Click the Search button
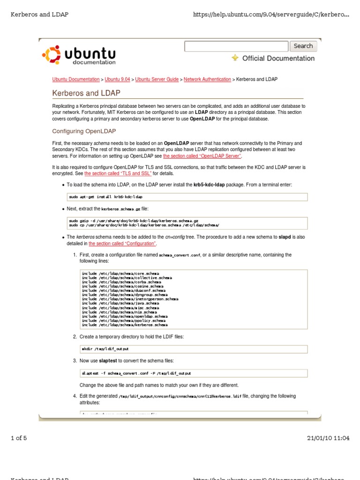point(303,46)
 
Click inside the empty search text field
point(236,46)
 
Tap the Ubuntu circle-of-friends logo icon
point(51,55)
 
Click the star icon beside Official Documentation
point(235,58)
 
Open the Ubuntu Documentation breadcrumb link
point(76,79)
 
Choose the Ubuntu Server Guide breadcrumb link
point(157,79)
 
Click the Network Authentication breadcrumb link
point(207,79)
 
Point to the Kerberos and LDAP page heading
point(86,93)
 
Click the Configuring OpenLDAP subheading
point(84,131)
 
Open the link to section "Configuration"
point(122,244)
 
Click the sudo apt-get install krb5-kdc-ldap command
point(105,197)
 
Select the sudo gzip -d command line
point(134,220)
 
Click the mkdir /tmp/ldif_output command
point(105,349)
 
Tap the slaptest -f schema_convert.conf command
point(136,374)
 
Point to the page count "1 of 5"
point(19,438)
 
